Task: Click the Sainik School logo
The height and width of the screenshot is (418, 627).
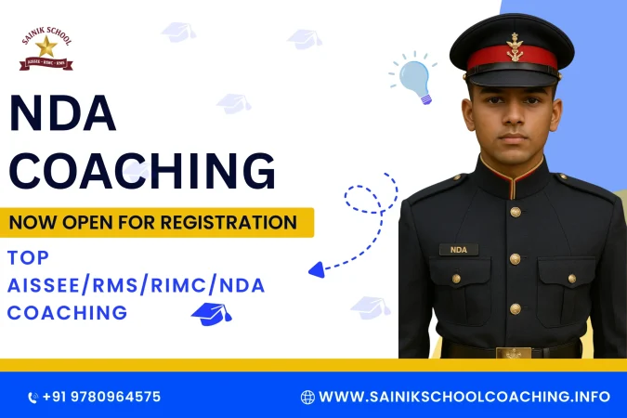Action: coord(46,50)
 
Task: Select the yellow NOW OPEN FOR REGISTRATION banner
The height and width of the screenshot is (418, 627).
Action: coord(156,222)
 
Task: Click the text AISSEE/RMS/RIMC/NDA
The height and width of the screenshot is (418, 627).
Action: coord(136,285)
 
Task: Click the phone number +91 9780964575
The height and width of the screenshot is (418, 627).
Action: coord(102,397)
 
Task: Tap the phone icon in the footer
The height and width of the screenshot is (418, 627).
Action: coord(33,398)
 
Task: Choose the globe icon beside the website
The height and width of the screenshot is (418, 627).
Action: coord(307,397)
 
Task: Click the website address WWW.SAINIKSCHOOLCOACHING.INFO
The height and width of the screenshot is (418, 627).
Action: coord(464,397)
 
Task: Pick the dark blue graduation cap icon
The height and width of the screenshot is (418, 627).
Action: coord(210,314)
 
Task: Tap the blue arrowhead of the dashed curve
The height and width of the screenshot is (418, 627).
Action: coord(317,269)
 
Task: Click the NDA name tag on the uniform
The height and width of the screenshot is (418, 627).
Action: coord(459,249)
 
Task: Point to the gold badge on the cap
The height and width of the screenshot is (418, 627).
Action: coord(514,46)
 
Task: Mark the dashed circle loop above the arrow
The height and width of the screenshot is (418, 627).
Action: coord(364,198)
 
